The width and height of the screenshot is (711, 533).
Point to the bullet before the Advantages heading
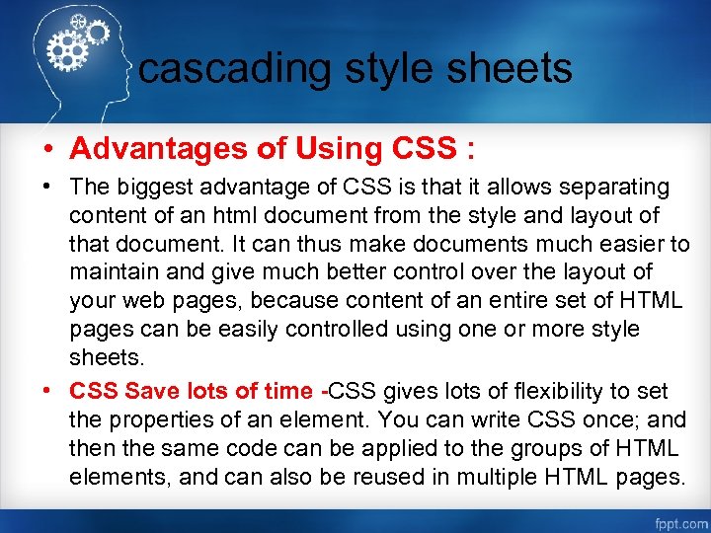pyautogui.click(x=46, y=149)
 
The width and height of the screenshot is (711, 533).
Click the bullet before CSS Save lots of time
pyautogui.click(x=46, y=391)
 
